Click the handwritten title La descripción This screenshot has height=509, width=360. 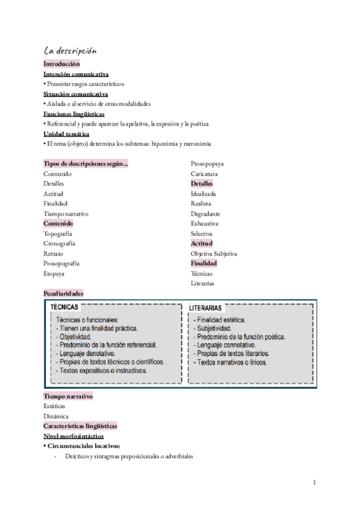[70, 50]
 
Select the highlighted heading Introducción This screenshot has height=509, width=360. [61, 64]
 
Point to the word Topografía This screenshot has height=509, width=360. [58, 233]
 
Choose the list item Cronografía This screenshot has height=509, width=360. [59, 244]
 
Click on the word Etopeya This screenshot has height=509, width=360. [53, 274]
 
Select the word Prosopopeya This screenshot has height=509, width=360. [208, 163]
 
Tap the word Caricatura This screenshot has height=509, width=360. [204, 173]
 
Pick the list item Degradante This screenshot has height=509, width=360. [205, 214]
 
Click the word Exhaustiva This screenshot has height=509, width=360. [205, 223]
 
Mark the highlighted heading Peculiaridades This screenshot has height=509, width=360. [63, 294]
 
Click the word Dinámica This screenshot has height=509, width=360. [56, 416]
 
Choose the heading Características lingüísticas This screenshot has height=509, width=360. [80, 426]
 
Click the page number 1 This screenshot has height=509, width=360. [315, 482]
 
